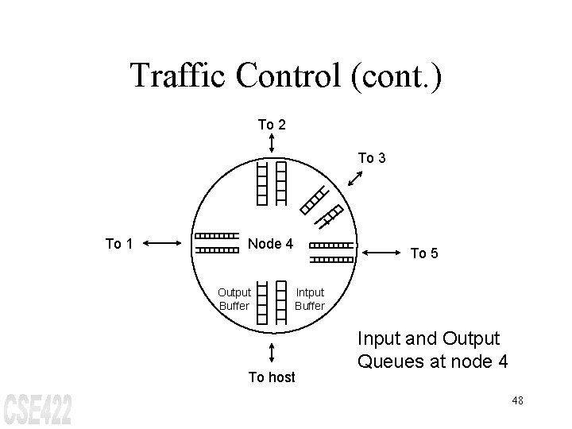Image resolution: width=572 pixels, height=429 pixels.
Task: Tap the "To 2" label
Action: [272, 124]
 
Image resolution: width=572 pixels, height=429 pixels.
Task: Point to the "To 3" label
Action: [372, 158]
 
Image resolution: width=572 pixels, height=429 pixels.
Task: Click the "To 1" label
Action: [119, 244]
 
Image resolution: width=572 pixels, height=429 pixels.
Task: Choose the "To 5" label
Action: [423, 253]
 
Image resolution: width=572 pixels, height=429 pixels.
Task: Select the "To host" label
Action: [272, 377]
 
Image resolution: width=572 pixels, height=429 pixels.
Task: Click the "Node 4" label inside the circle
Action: [271, 243]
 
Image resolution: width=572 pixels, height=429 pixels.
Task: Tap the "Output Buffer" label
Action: [234, 300]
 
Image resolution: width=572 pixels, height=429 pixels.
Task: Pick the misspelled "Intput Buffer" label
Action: [310, 300]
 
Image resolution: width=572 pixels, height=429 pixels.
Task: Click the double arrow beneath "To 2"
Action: [272, 144]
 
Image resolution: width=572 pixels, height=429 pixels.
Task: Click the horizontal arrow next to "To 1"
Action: [164, 244]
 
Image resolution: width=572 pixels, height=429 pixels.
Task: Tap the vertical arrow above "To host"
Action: [272, 353]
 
